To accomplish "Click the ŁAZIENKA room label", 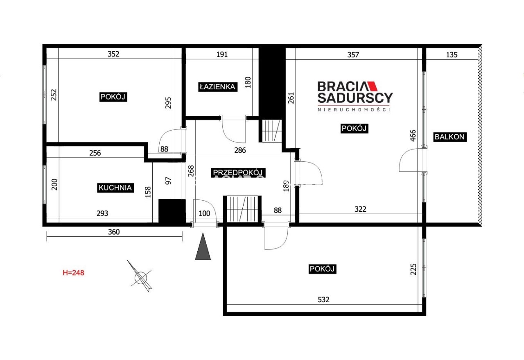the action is pyautogui.click(x=218, y=87).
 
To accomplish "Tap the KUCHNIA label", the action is pyautogui.click(x=115, y=188).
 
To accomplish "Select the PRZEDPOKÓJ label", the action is pyautogui.click(x=238, y=173).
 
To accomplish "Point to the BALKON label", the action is pyautogui.click(x=450, y=137).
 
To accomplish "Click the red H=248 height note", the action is pyautogui.click(x=73, y=273).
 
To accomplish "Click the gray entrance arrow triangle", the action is pyautogui.click(x=203, y=247).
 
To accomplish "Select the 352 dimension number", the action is pyautogui.click(x=113, y=54).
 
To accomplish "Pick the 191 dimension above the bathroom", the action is pyautogui.click(x=222, y=54).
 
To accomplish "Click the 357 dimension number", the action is pyautogui.click(x=353, y=55).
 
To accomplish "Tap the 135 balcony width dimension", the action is pyautogui.click(x=452, y=55).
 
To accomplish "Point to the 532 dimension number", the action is pyautogui.click(x=323, y=300).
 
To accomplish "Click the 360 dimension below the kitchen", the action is pyautogui.click(x=114, y=232).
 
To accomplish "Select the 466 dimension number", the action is pyautogui.click(x=413, y=136).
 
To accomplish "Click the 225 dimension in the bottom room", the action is pyautogui.click(x=413, y=269).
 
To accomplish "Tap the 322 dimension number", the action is pyautogui.click(x=360, y=209).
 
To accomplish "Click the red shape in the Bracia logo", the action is pyautogui.click(x=372, y=86).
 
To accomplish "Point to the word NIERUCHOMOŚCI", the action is pyautogui.click(x=354, y=110).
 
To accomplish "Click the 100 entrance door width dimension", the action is pyautogui.click(x=204, y=213).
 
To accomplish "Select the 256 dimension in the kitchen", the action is pyautogui.click(x=95, y=153).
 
